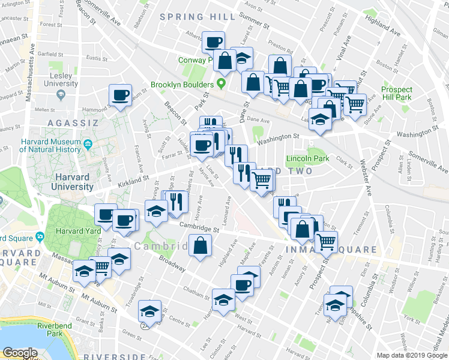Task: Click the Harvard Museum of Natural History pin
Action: tap(88, 145)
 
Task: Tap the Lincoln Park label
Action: tap(307, 159)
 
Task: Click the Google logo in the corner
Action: tap(20, 353)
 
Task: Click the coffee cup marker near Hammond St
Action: tap(120, 95)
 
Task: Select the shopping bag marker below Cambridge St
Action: tap(200, 244)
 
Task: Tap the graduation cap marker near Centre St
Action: tap(149, 311)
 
